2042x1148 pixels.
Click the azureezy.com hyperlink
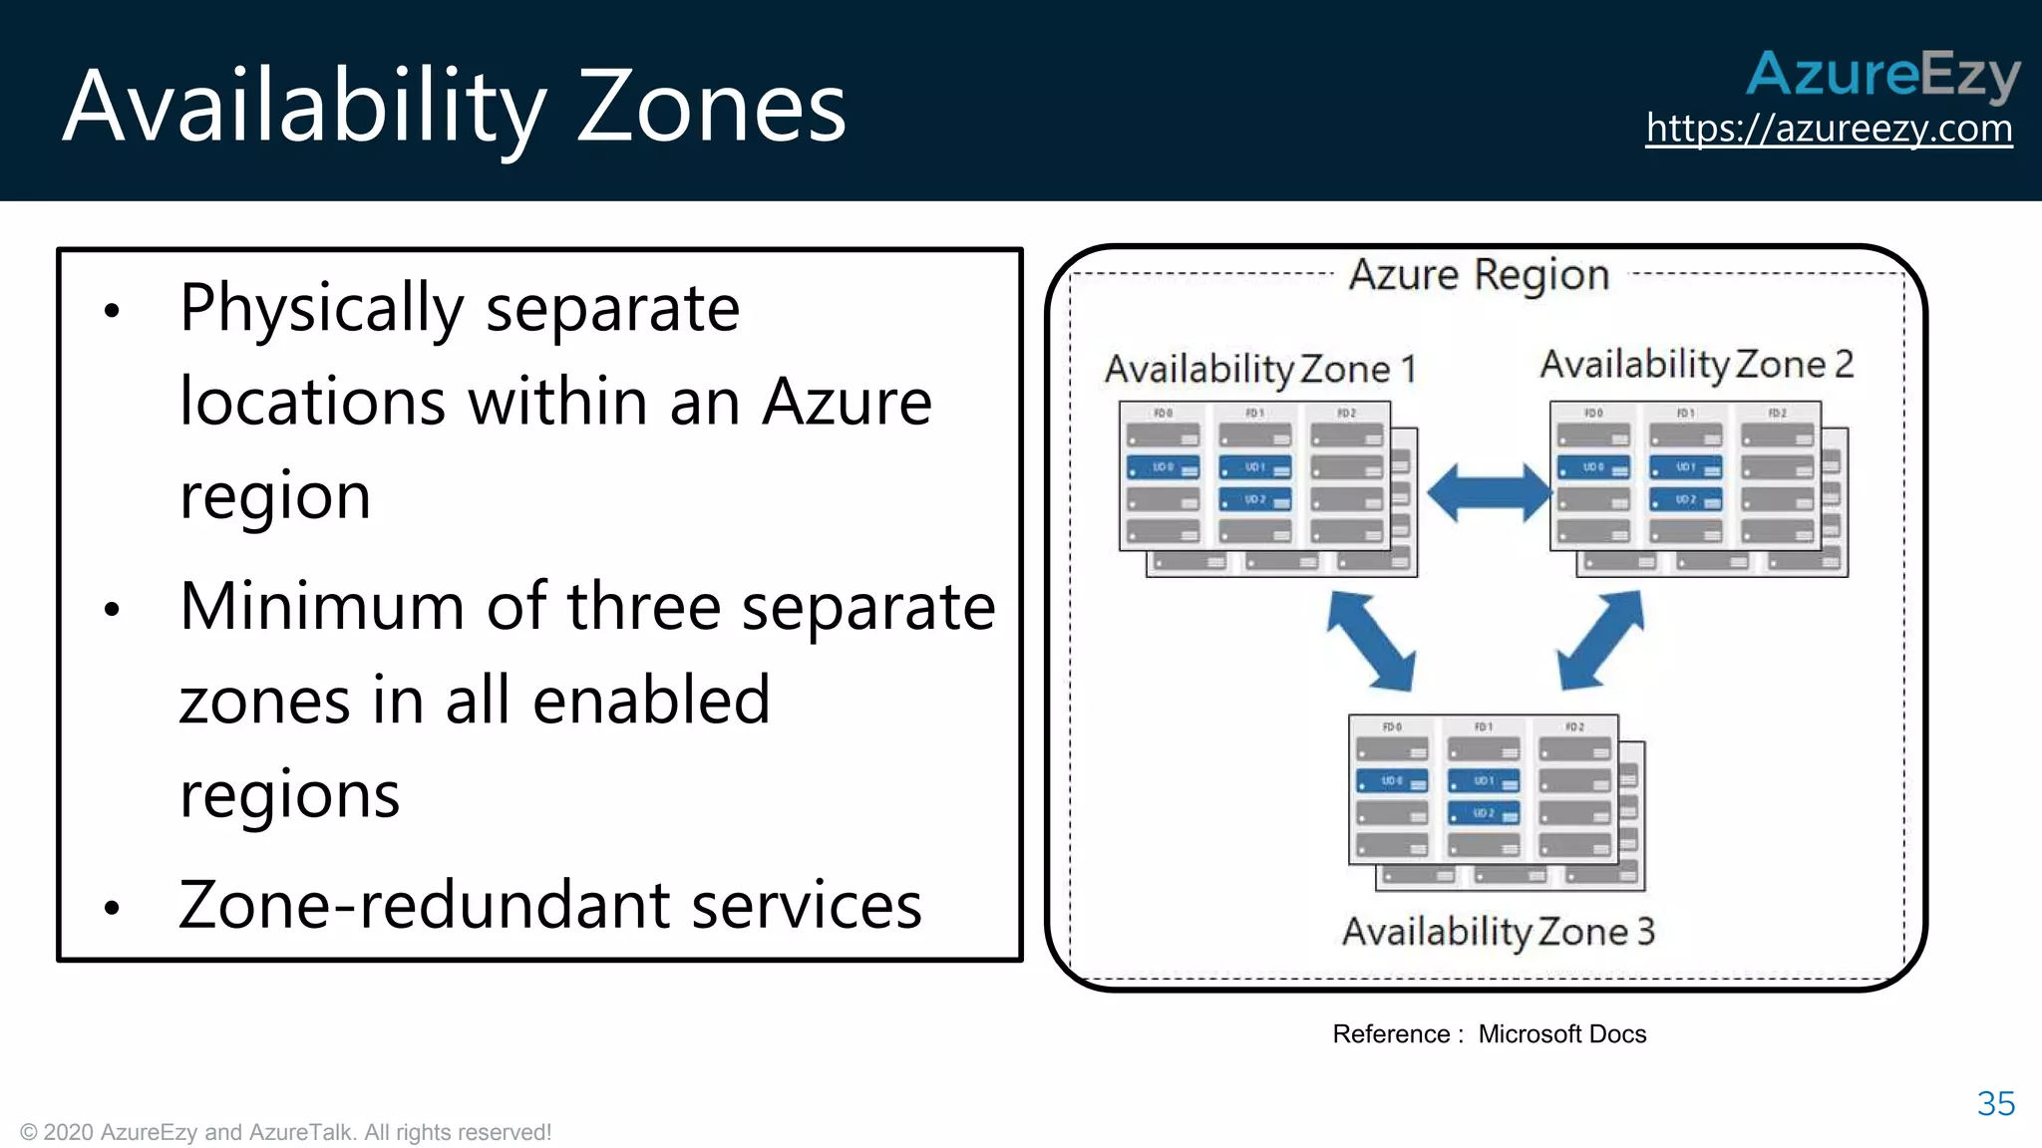[1829, 129]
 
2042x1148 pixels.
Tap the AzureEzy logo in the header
[1882, 75]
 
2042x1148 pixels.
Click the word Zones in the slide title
[711, 107]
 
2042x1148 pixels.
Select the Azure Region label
[1479, 274]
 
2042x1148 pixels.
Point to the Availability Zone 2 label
[1696, 365]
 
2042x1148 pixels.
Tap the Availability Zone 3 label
[1498, 932]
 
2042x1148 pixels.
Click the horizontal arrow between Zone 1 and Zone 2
[1489, 492]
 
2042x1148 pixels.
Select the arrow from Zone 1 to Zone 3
[1370, 641]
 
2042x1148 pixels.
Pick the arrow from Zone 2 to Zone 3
[1600, 641]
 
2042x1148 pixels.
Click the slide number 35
[1995, 1103]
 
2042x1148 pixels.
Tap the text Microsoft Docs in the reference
[1561, 1034]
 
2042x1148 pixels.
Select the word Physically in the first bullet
[321, 309]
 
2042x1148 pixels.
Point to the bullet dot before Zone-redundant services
[112, 907]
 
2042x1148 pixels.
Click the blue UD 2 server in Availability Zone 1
[1254, 499]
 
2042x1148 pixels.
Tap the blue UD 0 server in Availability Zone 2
[1592, 467]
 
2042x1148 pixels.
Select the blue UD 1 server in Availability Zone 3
[1483, 781]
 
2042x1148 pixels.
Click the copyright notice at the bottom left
[285, 1132]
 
